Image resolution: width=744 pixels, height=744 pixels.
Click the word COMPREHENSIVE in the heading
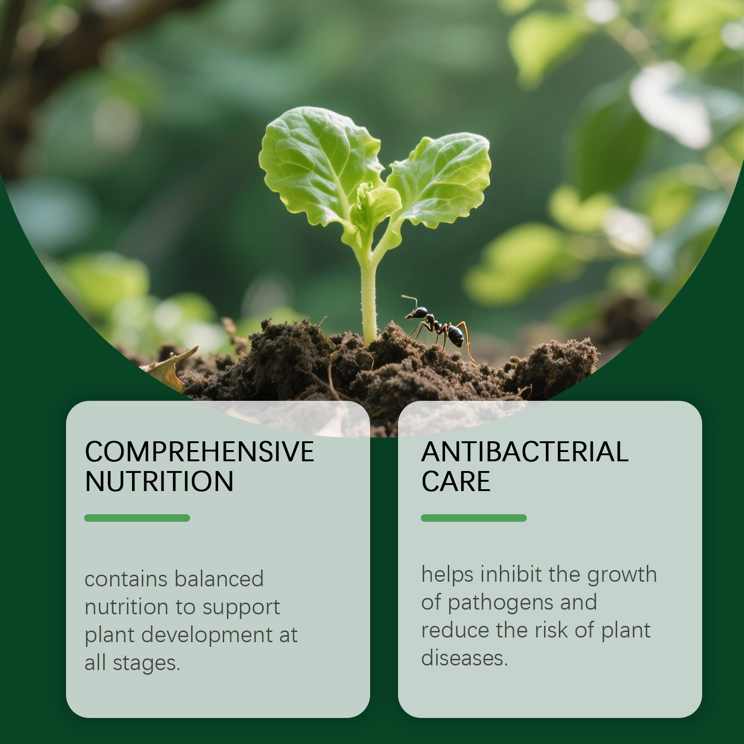click(x=199, y=452)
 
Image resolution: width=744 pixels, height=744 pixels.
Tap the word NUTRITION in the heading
click(x=159, y=481)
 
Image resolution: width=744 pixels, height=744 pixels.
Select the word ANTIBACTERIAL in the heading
click(x=525, y=452)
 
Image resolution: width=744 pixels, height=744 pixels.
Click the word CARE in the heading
click(x=456, y=481)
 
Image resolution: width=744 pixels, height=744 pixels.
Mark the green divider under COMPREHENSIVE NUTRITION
click(x=137, y=518)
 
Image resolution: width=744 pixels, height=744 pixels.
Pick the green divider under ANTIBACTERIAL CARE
click(x=474, y=518)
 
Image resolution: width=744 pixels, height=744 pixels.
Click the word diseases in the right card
click(x=465, y=658)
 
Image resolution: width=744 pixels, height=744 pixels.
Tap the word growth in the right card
click(x=622, y=576)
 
